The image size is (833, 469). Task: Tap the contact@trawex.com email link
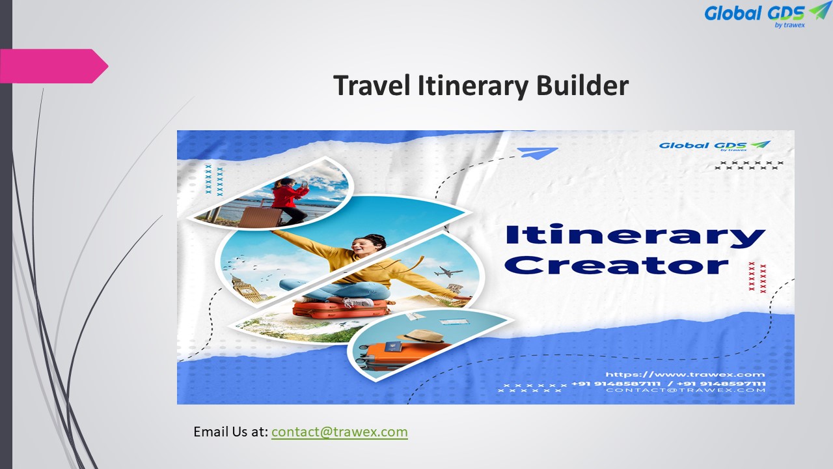click(x=339, y=432)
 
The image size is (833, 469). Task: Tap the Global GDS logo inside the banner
click(x=714, y=145)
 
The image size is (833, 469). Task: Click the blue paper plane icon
click(x=538, y=153)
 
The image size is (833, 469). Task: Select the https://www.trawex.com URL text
click(x=685, y=375)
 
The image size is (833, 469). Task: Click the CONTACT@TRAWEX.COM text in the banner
click(x=685, y=390)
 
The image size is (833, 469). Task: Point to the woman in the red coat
click(x=287, y=199)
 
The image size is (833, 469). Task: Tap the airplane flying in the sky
click(x=450, y=272)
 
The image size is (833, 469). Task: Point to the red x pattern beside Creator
click(x=758, y=277)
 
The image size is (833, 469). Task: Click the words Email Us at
click(x=230, y=432)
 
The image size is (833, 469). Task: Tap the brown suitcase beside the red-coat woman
click(x=255, y=213)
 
